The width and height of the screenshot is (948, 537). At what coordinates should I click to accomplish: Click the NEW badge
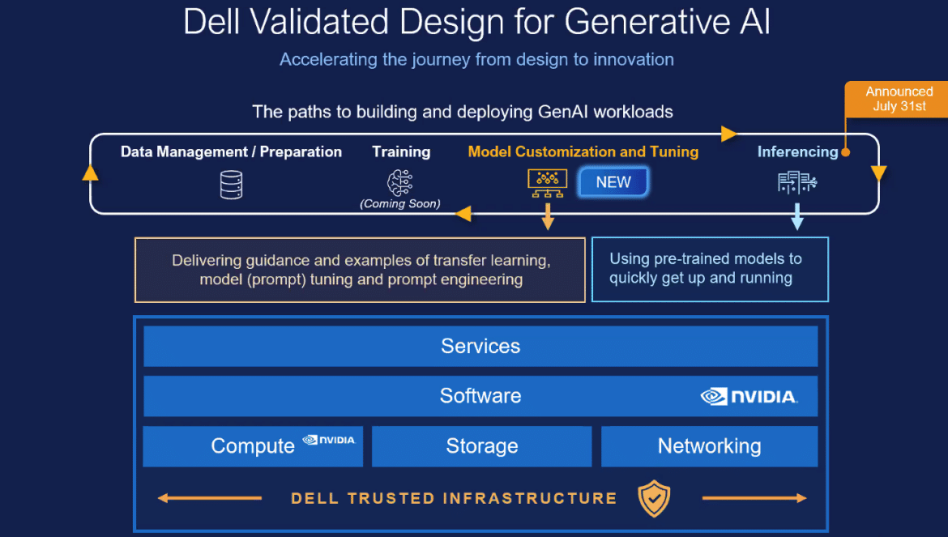[x=613, y=181]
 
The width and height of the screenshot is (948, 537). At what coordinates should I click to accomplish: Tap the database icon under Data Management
[x=231, y=184]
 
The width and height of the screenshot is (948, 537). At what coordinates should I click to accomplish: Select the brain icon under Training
[x=399, y=182]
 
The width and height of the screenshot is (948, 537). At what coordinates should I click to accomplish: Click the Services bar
[x=480, y=346]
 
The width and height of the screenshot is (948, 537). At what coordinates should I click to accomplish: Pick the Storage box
[x=482, y=445]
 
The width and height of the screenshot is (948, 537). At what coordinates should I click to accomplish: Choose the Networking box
[x=709, y=445]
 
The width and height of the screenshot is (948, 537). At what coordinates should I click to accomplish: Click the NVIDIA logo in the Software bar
[x=749, y=396]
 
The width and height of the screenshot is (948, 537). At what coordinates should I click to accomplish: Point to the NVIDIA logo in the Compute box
[x=329, y=440]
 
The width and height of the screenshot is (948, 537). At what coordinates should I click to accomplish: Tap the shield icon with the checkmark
[x=654, y=498]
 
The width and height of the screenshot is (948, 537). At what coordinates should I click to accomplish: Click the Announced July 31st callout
[x=898, y=99]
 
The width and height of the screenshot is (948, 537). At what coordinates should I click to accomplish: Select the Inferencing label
[x=797, y=151]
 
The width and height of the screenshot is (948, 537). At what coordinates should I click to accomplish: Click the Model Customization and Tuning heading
[x=583, y=151]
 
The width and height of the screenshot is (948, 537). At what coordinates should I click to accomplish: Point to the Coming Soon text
[x=399, y=203]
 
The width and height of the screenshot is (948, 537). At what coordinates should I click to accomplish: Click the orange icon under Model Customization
[x=547, y=183]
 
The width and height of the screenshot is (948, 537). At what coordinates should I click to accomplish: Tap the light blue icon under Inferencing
[x=796, y=181]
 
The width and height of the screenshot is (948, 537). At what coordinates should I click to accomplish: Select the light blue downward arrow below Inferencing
[x=796, y=216]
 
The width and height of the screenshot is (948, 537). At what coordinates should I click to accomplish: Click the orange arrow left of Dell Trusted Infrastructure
[x=209, y=498]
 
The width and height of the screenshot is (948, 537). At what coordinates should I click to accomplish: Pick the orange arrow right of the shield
[x=754, y=498]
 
